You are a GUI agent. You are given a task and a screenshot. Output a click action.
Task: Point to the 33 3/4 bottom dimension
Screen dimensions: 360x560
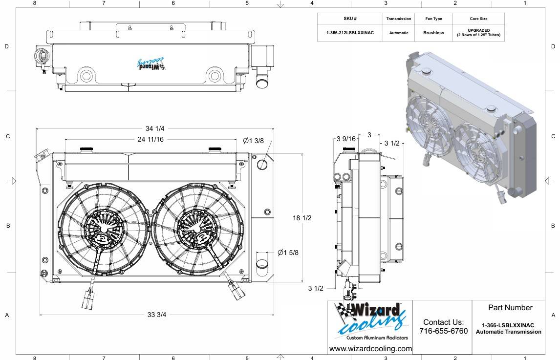coord(157,315)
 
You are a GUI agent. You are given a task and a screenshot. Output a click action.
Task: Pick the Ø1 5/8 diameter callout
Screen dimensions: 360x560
coord(288,253)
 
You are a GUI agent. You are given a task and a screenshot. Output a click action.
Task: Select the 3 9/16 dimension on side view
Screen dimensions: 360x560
coord(346,139)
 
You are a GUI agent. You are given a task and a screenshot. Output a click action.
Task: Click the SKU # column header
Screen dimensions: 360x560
coord(350,19)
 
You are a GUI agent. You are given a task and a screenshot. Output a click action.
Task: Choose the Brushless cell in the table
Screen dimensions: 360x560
coord(433,33)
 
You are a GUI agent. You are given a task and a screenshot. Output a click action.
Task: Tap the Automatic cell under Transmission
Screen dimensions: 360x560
coord(399,33)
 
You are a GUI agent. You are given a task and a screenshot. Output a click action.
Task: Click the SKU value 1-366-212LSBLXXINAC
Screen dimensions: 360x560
coord(350,33)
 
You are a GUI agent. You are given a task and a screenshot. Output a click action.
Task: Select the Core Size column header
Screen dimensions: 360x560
coord(478,19)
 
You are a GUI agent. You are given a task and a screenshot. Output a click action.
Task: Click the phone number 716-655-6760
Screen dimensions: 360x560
coord(443,331)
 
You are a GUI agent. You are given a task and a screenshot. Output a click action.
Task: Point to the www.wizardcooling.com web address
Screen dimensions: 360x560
coord(370,349)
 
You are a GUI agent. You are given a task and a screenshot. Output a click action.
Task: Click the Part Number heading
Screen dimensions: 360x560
coord(510,308)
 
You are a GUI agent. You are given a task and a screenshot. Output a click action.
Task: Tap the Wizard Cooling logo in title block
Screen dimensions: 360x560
coord(370,320)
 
